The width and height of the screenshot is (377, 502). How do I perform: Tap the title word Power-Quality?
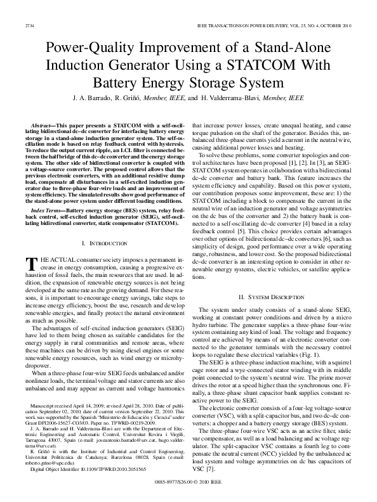point(88,46)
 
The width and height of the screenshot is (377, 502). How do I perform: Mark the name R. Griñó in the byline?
point(130,99)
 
